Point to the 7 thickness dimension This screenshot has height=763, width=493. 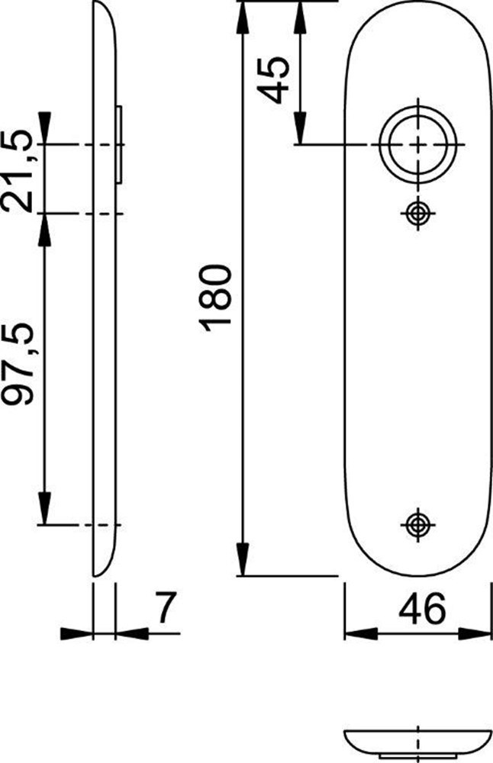click(164, 610)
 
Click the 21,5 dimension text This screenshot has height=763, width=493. click(19, 172)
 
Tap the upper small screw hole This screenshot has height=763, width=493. click(417, 213)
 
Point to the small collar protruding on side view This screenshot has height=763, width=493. click(120, 144)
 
